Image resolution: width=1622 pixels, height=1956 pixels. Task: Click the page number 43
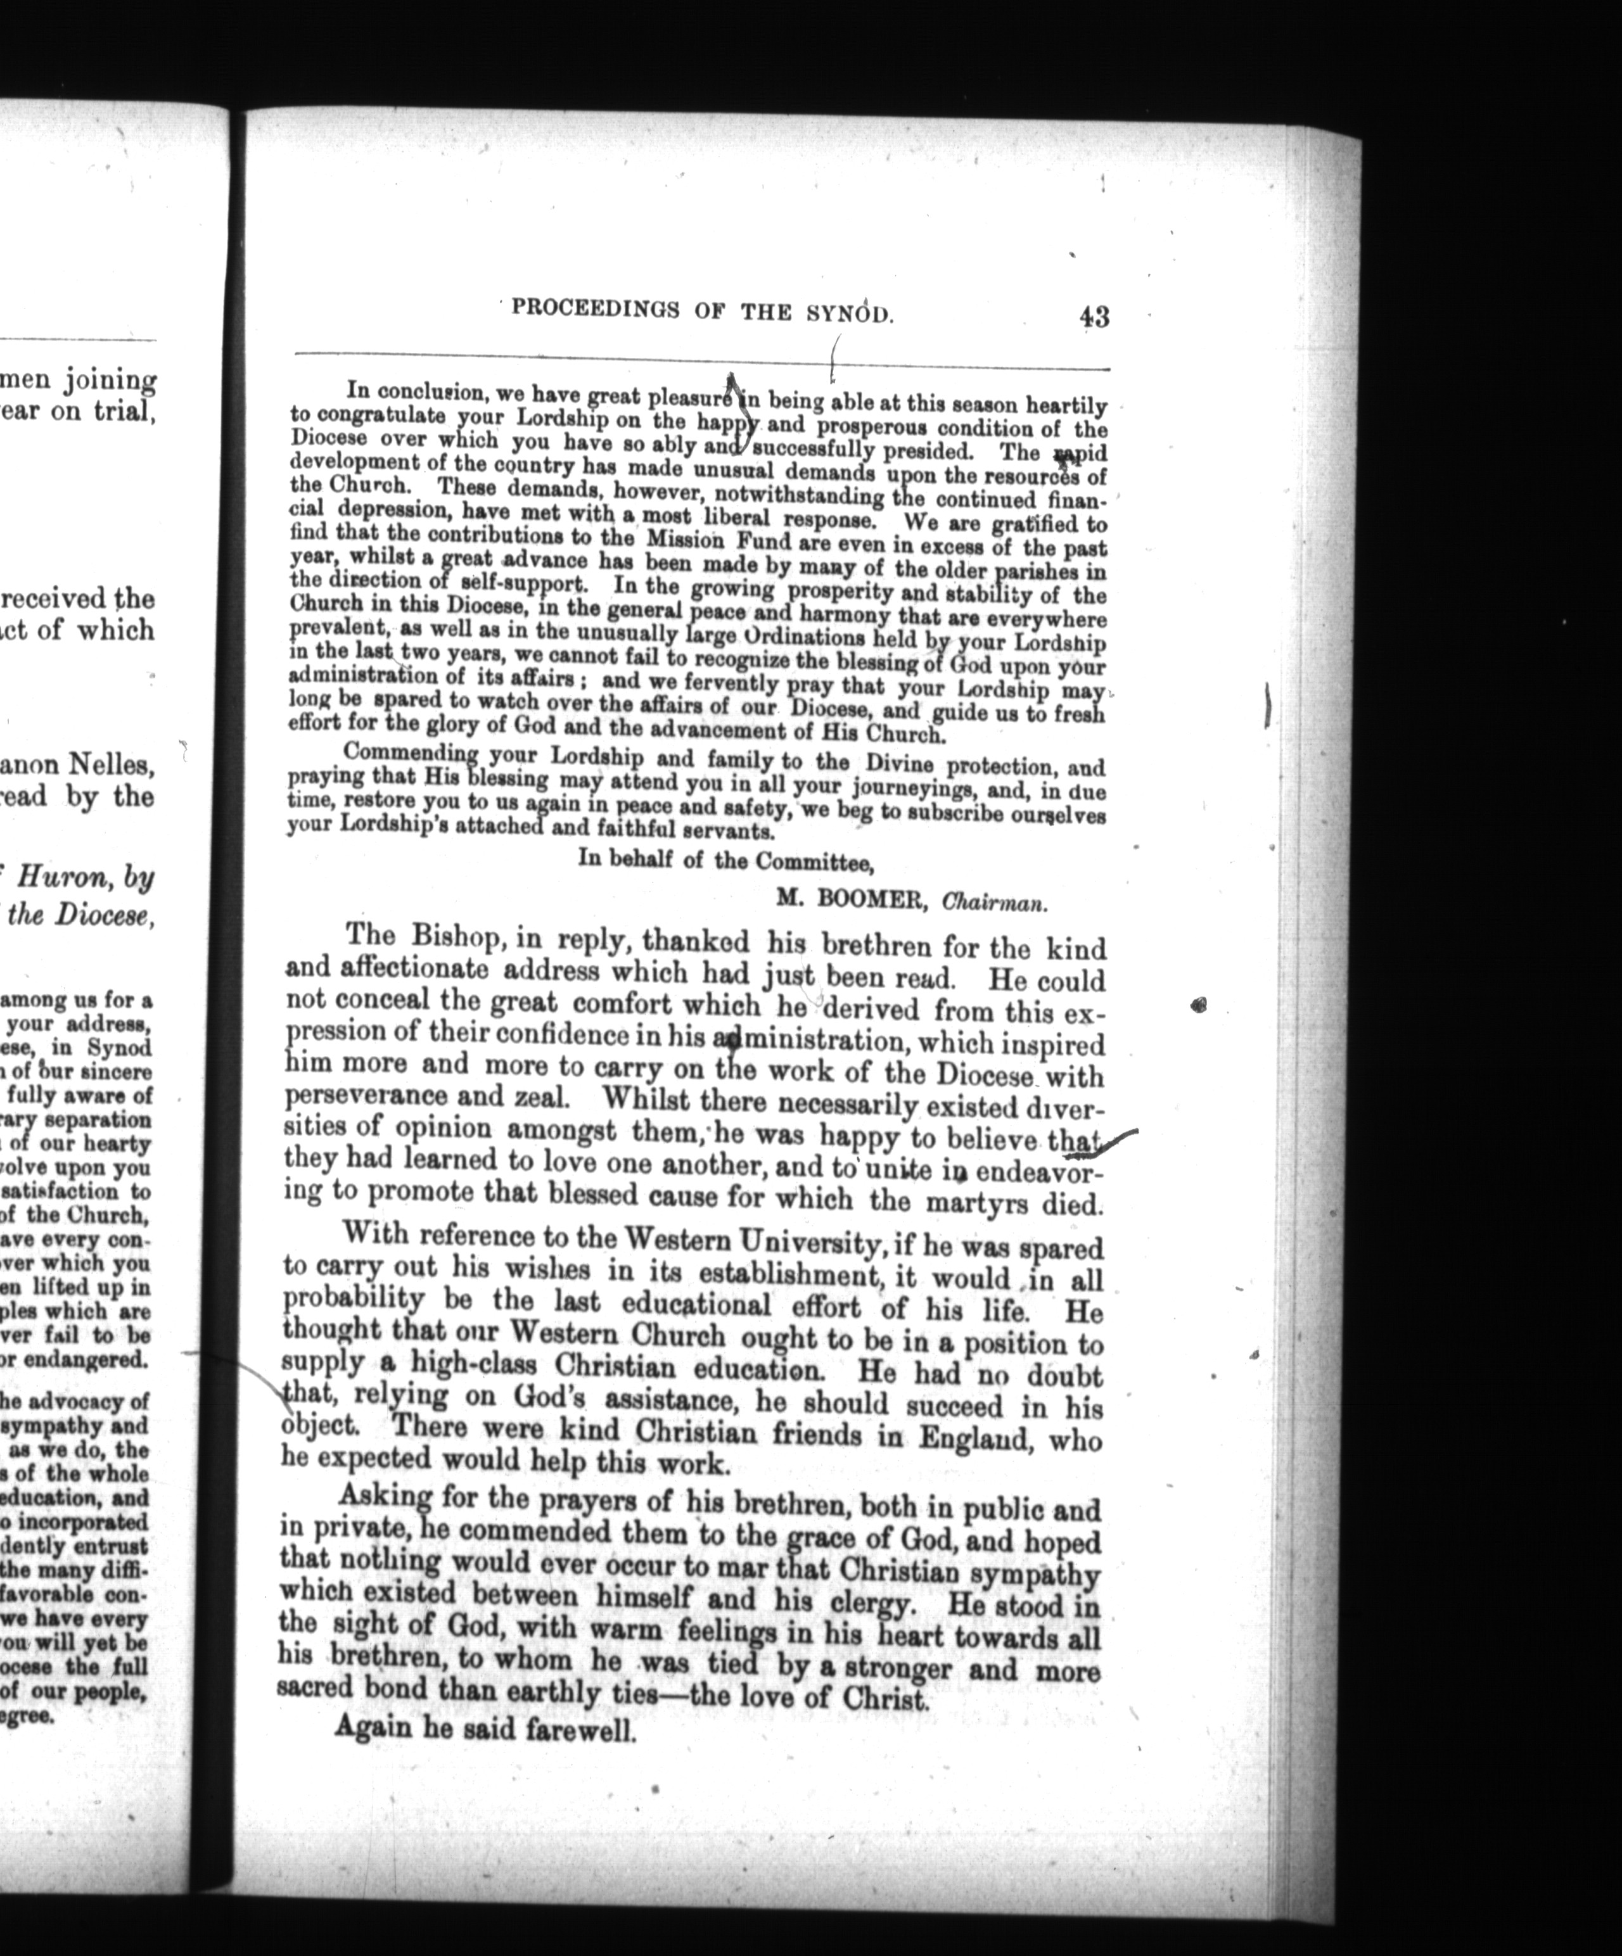[1095, 317]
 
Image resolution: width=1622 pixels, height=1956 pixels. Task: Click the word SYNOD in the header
[849, 312]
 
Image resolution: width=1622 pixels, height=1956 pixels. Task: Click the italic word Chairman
[994, 901]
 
